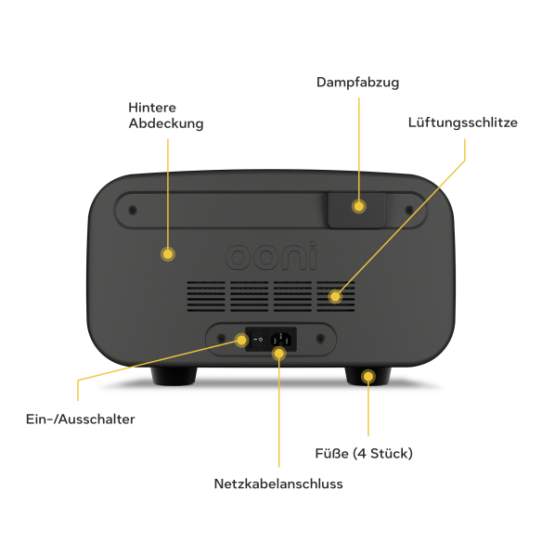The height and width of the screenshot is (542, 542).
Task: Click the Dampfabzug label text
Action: (357, 83)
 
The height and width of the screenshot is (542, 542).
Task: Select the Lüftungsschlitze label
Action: (463, 123)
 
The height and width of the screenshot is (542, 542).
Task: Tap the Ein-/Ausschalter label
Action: (81, 419)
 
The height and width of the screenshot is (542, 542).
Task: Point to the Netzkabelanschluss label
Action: (278, 484)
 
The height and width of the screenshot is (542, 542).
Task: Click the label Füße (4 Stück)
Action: (364, 454)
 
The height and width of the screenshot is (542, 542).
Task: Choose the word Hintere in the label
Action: (152, 108)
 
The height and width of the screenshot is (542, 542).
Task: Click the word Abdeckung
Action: (166, 123)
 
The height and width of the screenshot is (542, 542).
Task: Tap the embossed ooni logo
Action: (271, 256)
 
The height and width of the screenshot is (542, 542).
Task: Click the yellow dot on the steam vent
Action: (359, 206)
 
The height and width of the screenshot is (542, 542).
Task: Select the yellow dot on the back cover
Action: (168, 254)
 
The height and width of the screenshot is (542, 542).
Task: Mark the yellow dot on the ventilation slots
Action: (335, 297)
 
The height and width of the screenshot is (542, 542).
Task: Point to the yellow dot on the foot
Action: (368, 376)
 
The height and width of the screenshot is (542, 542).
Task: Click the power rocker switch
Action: (257, 340)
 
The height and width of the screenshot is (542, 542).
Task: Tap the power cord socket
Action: (281, 339)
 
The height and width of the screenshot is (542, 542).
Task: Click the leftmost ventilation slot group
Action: (206, 296)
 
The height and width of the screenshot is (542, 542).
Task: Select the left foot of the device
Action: (174, 376)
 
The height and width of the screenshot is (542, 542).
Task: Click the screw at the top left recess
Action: (133, 210)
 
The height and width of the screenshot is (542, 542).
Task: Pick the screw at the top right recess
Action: (409, 210)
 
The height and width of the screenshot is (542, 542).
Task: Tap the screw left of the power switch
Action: (221, 339)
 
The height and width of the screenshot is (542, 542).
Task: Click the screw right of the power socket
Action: (320, 339)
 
